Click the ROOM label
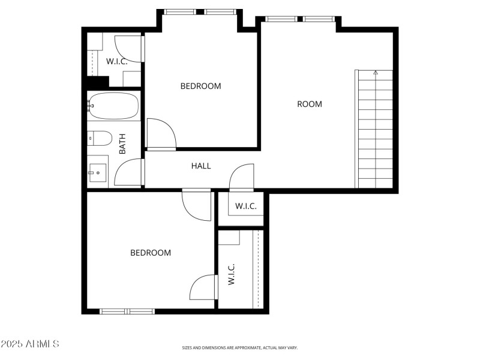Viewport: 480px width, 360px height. click(x=310, y=104)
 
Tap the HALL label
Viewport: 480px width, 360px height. click(x=201, y=166)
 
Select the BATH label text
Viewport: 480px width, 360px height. click(x=122, y=144)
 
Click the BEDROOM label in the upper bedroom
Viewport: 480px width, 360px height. click(x=200, y=86)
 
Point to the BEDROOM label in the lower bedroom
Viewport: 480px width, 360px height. click(x=151, y=253)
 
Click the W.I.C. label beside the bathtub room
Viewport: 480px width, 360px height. click(x=118, y=61)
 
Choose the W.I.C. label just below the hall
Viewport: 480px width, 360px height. click(x=245, y=206)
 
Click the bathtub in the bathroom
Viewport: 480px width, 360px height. click(x=113, y=106)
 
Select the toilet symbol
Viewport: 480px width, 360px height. click(x=98, y=139)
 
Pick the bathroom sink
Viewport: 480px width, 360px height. click(x=97, y=173)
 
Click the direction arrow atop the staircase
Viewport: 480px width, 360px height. click(x=376, y=73)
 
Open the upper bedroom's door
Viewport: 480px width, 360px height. click(x=161, y=133)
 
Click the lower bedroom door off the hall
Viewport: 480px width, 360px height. click(x=197, y=205)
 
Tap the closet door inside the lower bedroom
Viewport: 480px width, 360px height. click(x=203, y=287)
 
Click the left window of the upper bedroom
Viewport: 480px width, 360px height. click(x=180, y=11)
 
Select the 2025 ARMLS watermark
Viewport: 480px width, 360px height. click(x=30, y=344)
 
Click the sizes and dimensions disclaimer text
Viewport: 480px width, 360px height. click(x=240, y=347)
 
